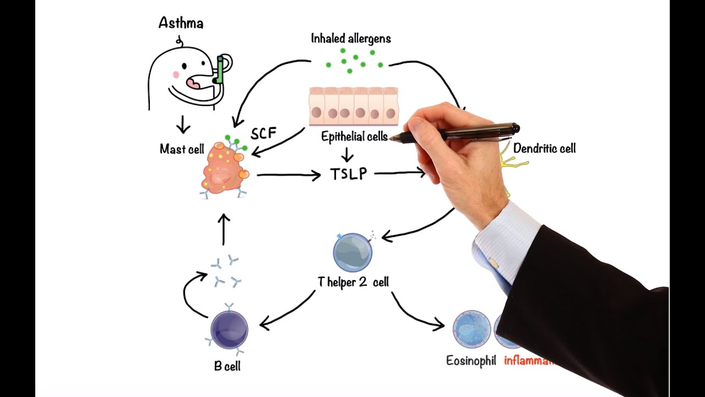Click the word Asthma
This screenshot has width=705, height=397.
coord(181,23)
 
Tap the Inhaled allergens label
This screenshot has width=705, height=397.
coord(351,39)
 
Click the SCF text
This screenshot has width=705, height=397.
coord(263,134)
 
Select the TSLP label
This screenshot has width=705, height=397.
coord(349,174)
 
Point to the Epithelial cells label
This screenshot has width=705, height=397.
coord(354,137)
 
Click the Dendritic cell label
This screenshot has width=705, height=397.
coord(544,148)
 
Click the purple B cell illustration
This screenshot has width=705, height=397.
coord(229,329)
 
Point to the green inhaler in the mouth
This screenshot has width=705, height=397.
coord(220,70)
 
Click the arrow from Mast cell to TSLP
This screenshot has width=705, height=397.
coord(288,175)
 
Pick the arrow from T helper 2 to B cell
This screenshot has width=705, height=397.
coord(286,312)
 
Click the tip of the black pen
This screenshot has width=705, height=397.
coord(392,140)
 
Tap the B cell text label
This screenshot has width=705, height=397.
coord(227,366)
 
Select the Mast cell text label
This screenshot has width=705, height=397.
coord(182,149)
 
